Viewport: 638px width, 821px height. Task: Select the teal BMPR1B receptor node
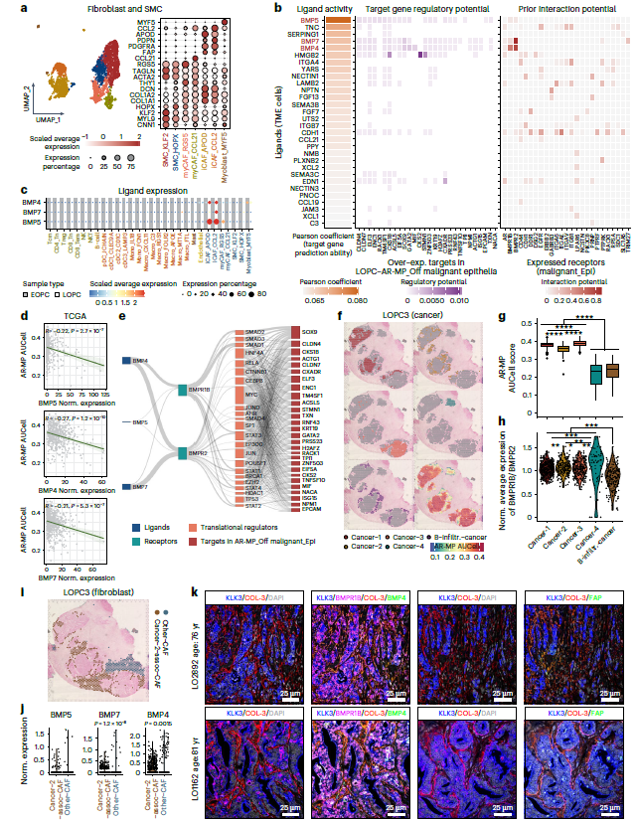[x=184, y=390]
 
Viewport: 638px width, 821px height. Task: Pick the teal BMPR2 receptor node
[x=184, y=453]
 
